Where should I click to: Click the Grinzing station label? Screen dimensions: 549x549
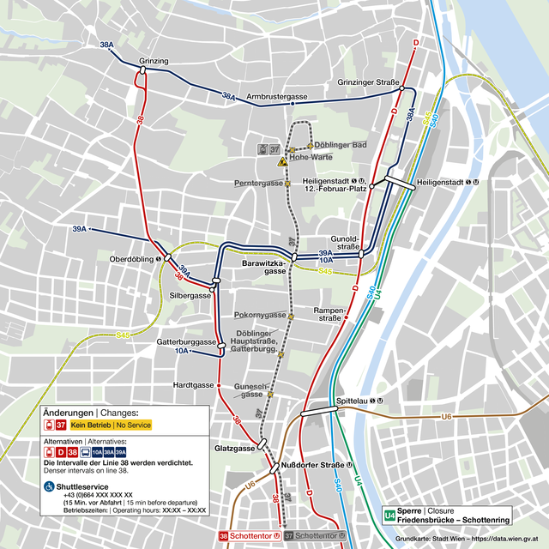pos(154,61)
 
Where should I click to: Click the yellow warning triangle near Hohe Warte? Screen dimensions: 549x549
pos(281,161)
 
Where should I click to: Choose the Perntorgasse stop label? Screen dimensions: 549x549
pos(258,184)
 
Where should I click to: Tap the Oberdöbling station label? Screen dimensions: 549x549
pos(131,258)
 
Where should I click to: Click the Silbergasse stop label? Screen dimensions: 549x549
pos(190,295)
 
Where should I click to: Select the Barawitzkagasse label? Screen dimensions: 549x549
pos(263,266)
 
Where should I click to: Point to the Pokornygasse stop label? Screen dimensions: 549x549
pos(260,315)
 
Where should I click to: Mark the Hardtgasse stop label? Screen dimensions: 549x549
pos(193,385)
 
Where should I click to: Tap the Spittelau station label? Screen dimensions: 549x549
pos(359,401)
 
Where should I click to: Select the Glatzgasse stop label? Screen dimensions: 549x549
pos(233,448)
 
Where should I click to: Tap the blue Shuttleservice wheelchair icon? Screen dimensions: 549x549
pos(48,486)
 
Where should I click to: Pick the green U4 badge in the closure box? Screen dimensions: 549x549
pos(390,516)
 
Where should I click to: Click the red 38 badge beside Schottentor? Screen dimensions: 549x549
pos(225,536)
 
